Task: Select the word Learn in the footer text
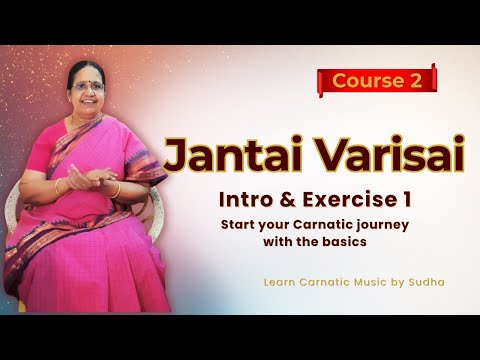click(281, 283)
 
